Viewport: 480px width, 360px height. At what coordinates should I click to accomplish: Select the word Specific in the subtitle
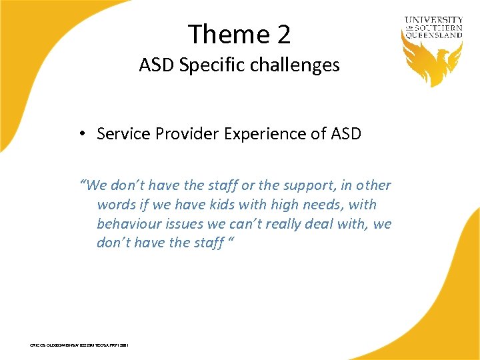(199, 65)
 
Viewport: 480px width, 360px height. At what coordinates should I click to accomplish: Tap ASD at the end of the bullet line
(346, 134)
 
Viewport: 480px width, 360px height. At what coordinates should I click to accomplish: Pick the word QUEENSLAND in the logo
(433, 35)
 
